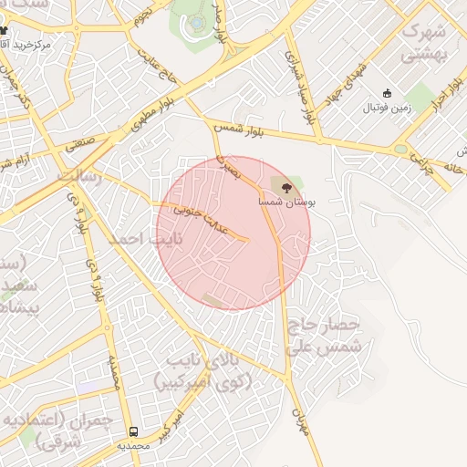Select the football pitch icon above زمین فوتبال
387,93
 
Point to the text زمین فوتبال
388,108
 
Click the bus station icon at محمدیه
134,431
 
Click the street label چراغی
417,161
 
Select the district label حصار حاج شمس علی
325,336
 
